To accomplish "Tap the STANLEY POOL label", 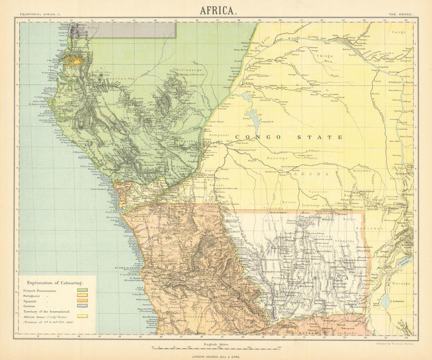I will (x=205, y=175).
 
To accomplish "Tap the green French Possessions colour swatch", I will (x=82, y=290).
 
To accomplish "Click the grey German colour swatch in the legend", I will (x=82, y=306).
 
